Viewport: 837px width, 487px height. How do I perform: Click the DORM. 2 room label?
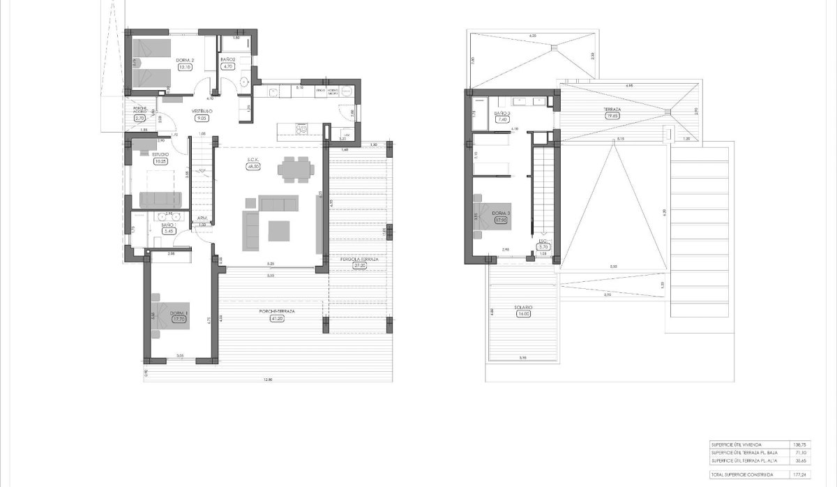[185, 61]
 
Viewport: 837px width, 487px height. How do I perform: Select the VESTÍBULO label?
[202, 112]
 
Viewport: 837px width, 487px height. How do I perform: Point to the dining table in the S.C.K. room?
[296, 168]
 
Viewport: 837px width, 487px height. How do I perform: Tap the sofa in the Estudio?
[161, 200]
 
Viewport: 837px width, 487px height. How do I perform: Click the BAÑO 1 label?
[167, 225]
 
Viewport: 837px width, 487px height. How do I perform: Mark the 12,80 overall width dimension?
[267, 379]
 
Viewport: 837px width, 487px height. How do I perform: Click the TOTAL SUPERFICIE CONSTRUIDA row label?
[742, 474]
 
